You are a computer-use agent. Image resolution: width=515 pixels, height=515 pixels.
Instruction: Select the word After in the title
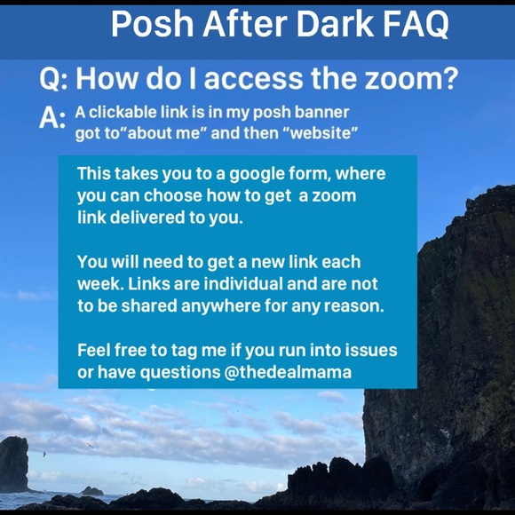[x=233, y=26]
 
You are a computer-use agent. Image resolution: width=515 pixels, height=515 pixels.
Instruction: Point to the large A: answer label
[x=51, y=118]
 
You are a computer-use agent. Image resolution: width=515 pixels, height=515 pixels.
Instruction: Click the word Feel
[x=94, y=349]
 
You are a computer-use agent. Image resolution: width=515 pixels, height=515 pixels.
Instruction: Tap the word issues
[x=372, y=349]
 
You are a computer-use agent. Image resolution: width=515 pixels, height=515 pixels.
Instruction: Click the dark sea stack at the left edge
[x=13, y=463]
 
